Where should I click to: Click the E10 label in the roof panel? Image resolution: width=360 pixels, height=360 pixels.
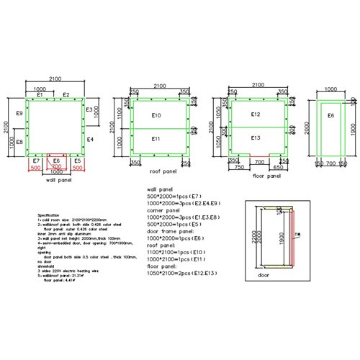tap(158, 115)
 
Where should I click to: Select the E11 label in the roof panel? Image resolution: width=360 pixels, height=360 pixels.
tap(158, 138)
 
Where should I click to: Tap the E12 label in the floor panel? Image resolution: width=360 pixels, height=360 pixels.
tap(255, 114)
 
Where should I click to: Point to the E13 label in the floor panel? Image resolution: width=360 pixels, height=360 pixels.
tap(255, 138)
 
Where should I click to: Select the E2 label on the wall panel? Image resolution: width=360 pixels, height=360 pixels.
tap(66, 94)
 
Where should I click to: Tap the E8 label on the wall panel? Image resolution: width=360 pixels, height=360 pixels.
tap(19, 142)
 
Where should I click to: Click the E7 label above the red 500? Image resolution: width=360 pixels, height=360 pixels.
tap(37, 160)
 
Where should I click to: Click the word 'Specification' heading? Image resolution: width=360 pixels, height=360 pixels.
tap(53, 215)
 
